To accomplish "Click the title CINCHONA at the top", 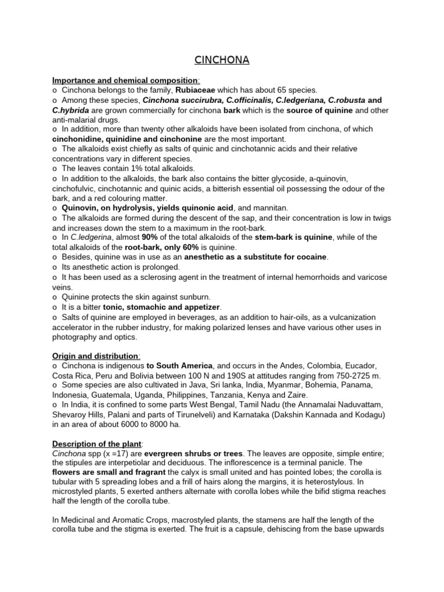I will (x=221, y=60).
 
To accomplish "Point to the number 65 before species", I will (x=280, y=90).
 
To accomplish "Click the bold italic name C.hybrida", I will (x=71, y=110).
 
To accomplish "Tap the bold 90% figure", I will (x=150, y=237).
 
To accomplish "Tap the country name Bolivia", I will (x=129, y=376).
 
